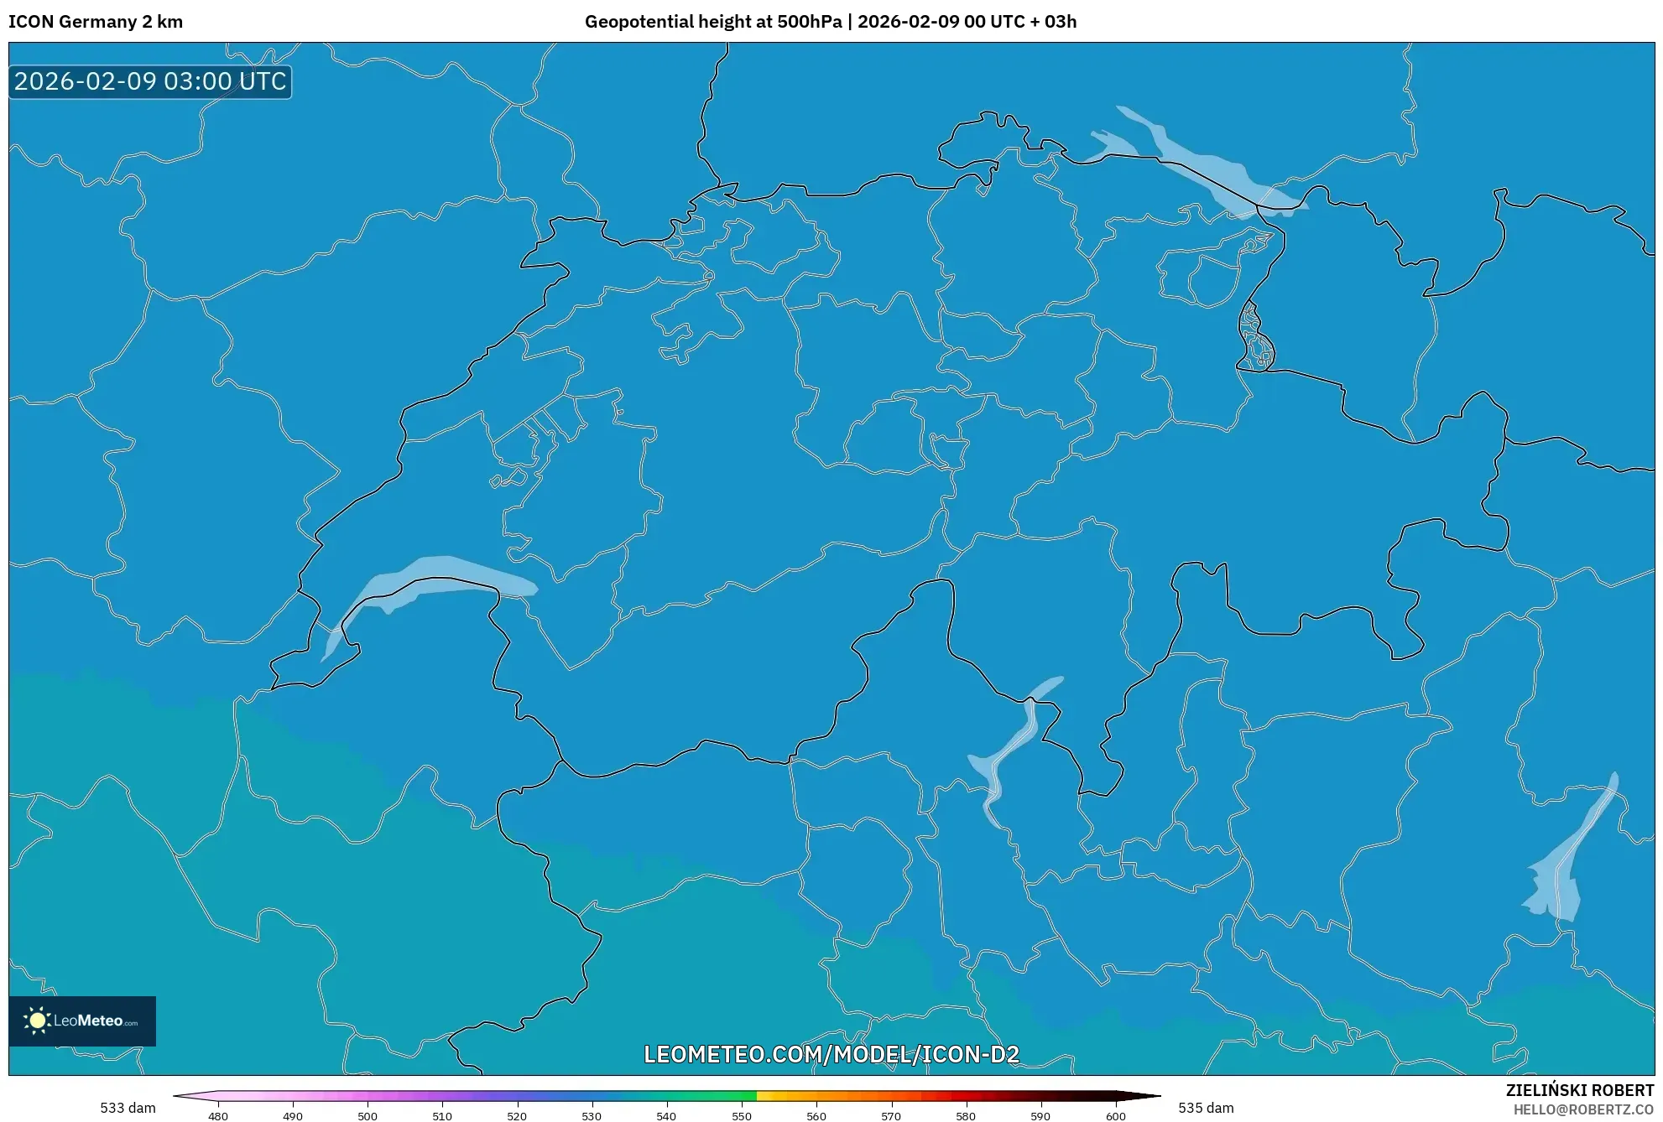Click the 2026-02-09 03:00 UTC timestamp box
tap(150, 81)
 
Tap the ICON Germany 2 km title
tap(96, 22)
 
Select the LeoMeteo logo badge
tap(82, 1021)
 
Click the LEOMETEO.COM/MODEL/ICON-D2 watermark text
tap(831, 1054)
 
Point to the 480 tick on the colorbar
tap(218, 1116)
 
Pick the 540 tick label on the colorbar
tap(666, 1116)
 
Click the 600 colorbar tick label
tap(1115, 1116)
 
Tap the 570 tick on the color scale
tap(891, 1116)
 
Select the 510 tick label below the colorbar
tap(442, 1116)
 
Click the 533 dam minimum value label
tap(128, 1108)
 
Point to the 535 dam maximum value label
tap(1206, 1108)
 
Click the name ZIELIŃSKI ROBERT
tap(1580, 1090)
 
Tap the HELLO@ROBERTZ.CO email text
tap(1583, 1109)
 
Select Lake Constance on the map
tap(1200, 168)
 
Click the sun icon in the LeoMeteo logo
tap(37, 1021)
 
